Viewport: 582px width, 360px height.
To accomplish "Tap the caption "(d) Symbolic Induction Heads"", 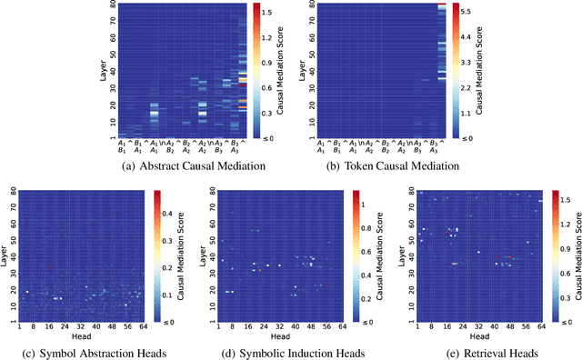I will pyautogui.click(x=286, y=353).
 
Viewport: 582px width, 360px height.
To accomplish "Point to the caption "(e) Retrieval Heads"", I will pyautogui.click(x=477, y=353).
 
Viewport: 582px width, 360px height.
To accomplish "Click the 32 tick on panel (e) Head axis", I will pyautogui.click(x=470, y=328).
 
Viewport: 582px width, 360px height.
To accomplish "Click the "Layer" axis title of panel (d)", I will pyautogui.click(x=199, y=257).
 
